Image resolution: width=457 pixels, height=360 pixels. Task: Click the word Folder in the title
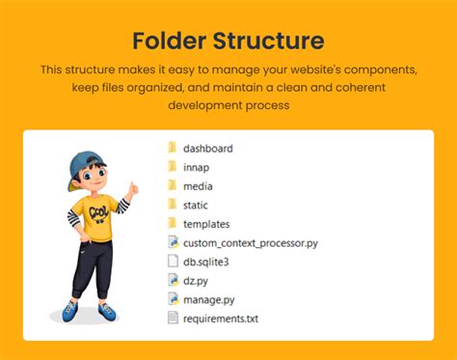(x=170, y=41)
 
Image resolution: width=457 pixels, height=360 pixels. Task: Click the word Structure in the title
(x=269, y=41)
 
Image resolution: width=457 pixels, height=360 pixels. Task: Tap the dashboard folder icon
(x=173, y=148)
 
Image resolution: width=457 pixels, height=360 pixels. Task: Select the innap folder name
(x=196, y=167)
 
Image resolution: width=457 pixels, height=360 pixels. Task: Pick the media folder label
(x=198, y=186)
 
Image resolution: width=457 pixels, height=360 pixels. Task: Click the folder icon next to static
(x=173, y=205)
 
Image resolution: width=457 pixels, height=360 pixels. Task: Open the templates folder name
(x=206, y=224)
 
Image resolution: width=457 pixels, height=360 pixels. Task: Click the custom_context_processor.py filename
(x=251, y=243)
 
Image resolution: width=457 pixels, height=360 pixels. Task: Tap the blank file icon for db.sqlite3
(x=173, y=261)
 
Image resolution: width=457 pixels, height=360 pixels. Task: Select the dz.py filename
(x=196, y=281)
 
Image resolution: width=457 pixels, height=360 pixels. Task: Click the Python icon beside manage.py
(x=174, y=298)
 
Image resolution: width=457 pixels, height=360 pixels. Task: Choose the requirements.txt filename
(x=221, y=318)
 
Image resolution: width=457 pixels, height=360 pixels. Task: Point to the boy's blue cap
(x=84, y=167)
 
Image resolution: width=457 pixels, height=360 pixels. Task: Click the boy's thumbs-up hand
(x=132, y=188)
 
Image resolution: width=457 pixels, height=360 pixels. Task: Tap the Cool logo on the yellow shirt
(x=98, y=212)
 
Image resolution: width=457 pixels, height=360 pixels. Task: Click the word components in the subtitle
(x=381, y=69)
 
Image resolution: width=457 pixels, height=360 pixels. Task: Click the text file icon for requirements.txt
(x=173, y=318)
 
